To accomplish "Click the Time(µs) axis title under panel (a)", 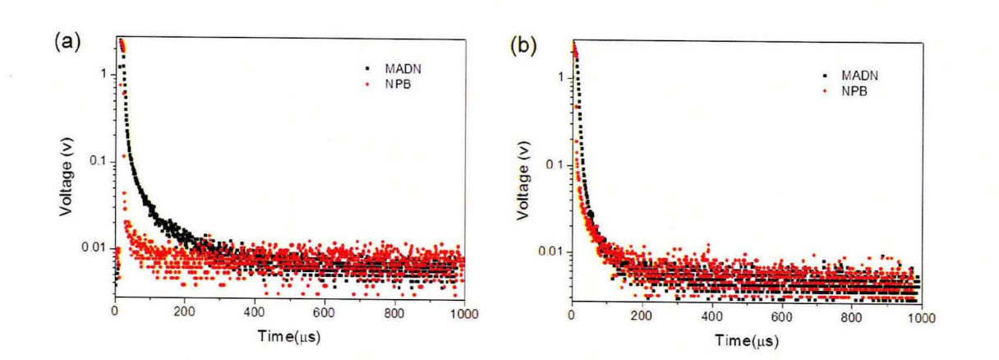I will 288,337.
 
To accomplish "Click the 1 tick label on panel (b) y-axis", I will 558,77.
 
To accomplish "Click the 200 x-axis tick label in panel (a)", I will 185,313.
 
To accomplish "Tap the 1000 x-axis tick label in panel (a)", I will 464,313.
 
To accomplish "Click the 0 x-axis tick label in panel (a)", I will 115,313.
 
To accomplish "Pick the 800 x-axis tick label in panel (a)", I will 395,313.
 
